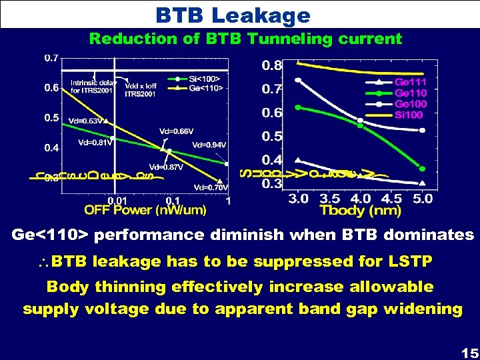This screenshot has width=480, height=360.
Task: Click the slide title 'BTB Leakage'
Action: tap(233, 15)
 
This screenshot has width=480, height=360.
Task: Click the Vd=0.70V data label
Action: tap(210, 187)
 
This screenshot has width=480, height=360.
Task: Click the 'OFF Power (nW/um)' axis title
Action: tap(145, 210)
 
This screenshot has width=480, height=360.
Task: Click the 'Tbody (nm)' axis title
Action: tap(360, 211)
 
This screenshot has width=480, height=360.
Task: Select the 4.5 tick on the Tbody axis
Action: tap(392, 198)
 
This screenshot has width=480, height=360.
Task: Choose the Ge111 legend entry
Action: tap(410, 82)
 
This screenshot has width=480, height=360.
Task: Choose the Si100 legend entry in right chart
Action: tap(408, 115)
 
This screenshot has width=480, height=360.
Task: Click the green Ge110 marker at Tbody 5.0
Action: tap(421, 168)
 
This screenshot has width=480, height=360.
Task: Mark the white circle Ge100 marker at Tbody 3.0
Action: tap(298, 80)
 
